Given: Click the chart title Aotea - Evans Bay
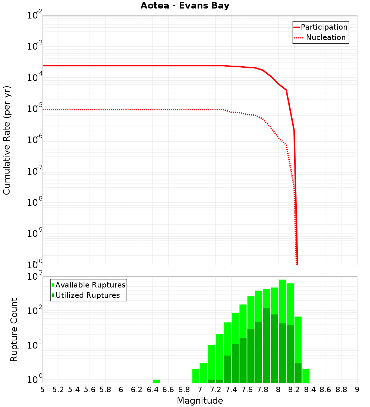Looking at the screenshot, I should [x=185, y=6].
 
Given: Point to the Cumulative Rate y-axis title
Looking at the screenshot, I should [x=7, y=140].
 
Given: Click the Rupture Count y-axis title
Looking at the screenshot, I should [x=14, y=329].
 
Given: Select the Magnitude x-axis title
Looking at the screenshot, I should [x=200, y=401].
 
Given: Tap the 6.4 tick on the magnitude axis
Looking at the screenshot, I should [x=152, y=390].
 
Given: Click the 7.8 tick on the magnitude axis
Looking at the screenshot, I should [x=263, y=390].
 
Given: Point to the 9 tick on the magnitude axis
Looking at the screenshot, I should [x=357, y=390].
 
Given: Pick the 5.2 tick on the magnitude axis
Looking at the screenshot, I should [x=58, y=390].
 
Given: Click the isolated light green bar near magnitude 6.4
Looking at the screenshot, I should [x=157, y=381].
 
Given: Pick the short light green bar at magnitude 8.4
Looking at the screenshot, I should [x=306, y=376].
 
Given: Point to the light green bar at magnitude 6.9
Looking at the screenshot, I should [x=196, y=376].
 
